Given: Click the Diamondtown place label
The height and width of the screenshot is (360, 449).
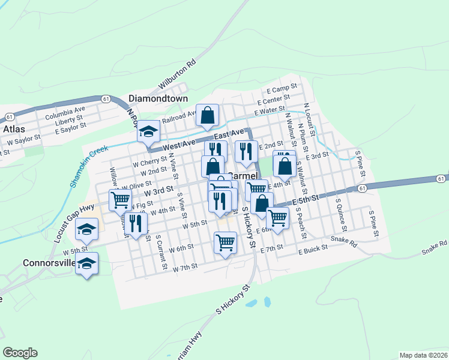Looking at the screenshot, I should (x=158, y=98).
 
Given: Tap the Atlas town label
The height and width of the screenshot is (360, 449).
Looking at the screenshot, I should (x=13, y=128).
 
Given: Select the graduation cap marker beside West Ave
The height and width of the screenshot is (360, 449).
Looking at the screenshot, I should (x=148, y=133).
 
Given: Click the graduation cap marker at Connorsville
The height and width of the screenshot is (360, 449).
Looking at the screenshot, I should (x=88, y=263).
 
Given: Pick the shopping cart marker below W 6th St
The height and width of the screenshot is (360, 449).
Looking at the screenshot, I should (x=225, y=243).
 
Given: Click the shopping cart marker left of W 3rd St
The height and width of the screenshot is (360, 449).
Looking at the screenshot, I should (x=120, y=200).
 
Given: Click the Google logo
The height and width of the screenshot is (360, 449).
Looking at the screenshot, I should (x=20, y=353).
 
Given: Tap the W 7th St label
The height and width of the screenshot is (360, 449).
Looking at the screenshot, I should (x=184, y=268).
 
